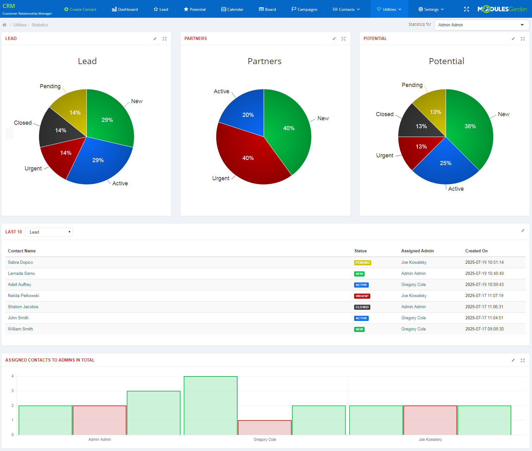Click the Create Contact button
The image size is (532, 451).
80,9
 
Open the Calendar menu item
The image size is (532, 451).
232,9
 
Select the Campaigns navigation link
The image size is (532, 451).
304,9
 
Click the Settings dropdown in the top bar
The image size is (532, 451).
431,9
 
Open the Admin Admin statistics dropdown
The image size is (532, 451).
481,25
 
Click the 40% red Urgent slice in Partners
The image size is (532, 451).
248,158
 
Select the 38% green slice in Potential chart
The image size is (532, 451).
470,126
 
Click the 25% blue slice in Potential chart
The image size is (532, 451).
445,163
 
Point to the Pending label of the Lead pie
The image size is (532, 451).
50,86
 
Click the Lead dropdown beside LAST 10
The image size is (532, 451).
49,232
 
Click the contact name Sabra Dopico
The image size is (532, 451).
20,262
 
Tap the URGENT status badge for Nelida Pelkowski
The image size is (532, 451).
362,296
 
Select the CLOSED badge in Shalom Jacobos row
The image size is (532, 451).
362,307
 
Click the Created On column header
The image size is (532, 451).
476,251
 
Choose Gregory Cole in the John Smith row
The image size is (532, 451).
413,318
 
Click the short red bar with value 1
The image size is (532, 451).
264,428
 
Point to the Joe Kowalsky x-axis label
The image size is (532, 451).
430,440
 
